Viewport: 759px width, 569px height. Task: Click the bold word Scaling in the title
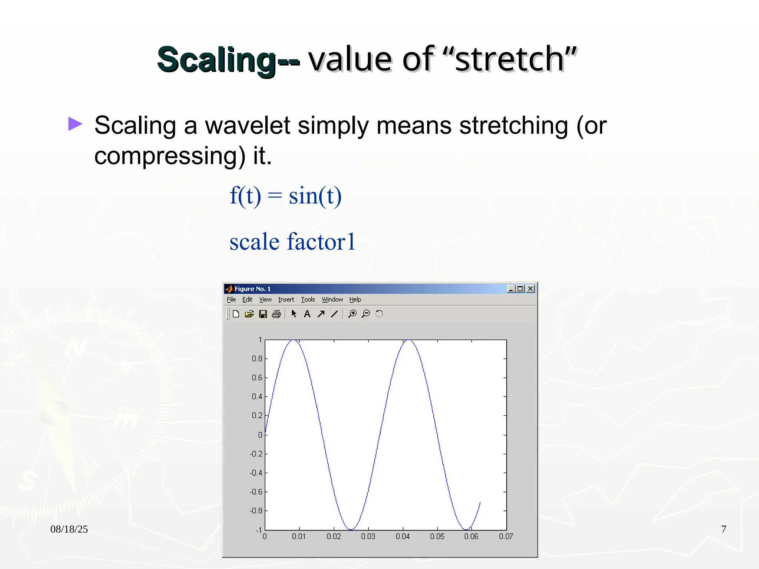click(x=216, y=60)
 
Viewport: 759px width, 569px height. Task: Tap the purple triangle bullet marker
click(x=75, y=124)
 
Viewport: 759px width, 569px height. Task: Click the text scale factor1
click(x=292, y=242)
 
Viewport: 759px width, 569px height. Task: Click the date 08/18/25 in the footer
click(x=69, y=529)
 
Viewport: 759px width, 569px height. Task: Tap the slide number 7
click(x=723, y=529)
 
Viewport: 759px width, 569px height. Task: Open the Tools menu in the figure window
click(x=308, y=299)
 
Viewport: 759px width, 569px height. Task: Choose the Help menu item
click(x=355, y=299)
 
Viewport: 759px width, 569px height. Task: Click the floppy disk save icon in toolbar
click(x=263, y=314)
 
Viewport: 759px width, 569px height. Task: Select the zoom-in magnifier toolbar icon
click(x=352, y=314)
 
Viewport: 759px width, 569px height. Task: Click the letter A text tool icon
click(x=307, y=314)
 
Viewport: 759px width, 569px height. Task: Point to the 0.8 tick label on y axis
click(x=257, y=359)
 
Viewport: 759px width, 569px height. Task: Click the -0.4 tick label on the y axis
click(x=256, y=473)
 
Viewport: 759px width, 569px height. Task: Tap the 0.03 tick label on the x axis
click(x=368, y=536)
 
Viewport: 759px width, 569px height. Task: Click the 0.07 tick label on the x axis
click(x=506, y=536)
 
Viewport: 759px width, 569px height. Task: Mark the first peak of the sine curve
click(x=294, y=340)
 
